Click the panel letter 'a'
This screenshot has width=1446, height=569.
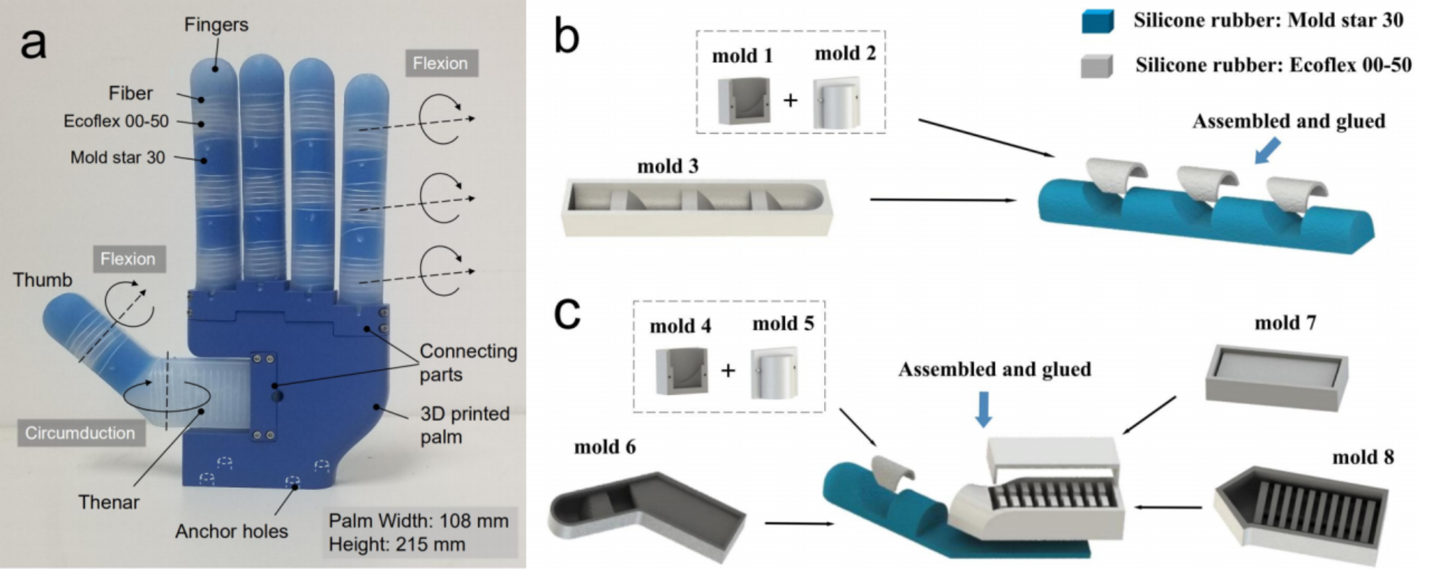click(x=33, y=43)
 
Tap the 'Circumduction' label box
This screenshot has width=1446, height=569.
click(x=80, y=432)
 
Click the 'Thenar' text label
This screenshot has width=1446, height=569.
click(x=108, y=502)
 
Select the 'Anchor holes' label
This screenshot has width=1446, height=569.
click(x=231, y=531)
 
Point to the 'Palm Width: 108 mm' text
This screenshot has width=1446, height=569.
click(x=418, y=521)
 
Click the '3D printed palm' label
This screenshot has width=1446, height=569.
click(x=464, y=425)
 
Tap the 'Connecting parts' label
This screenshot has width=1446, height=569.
click(x=468, y=362)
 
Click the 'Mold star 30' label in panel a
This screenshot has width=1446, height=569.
click(x=117, y=157)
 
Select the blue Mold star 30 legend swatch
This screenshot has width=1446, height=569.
click(x=1097, y=21)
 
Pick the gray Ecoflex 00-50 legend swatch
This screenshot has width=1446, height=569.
click(x=1097, y=66)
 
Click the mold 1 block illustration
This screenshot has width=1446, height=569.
click(x=744, y=100)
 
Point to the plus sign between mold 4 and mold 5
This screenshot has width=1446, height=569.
click(x=728, y=371)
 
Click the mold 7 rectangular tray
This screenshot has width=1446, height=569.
click(x=1277, y=376)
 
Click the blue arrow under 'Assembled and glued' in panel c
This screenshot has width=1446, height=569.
click(x=983, y=408)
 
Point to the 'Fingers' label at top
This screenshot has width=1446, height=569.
click(x=216, y=25)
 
